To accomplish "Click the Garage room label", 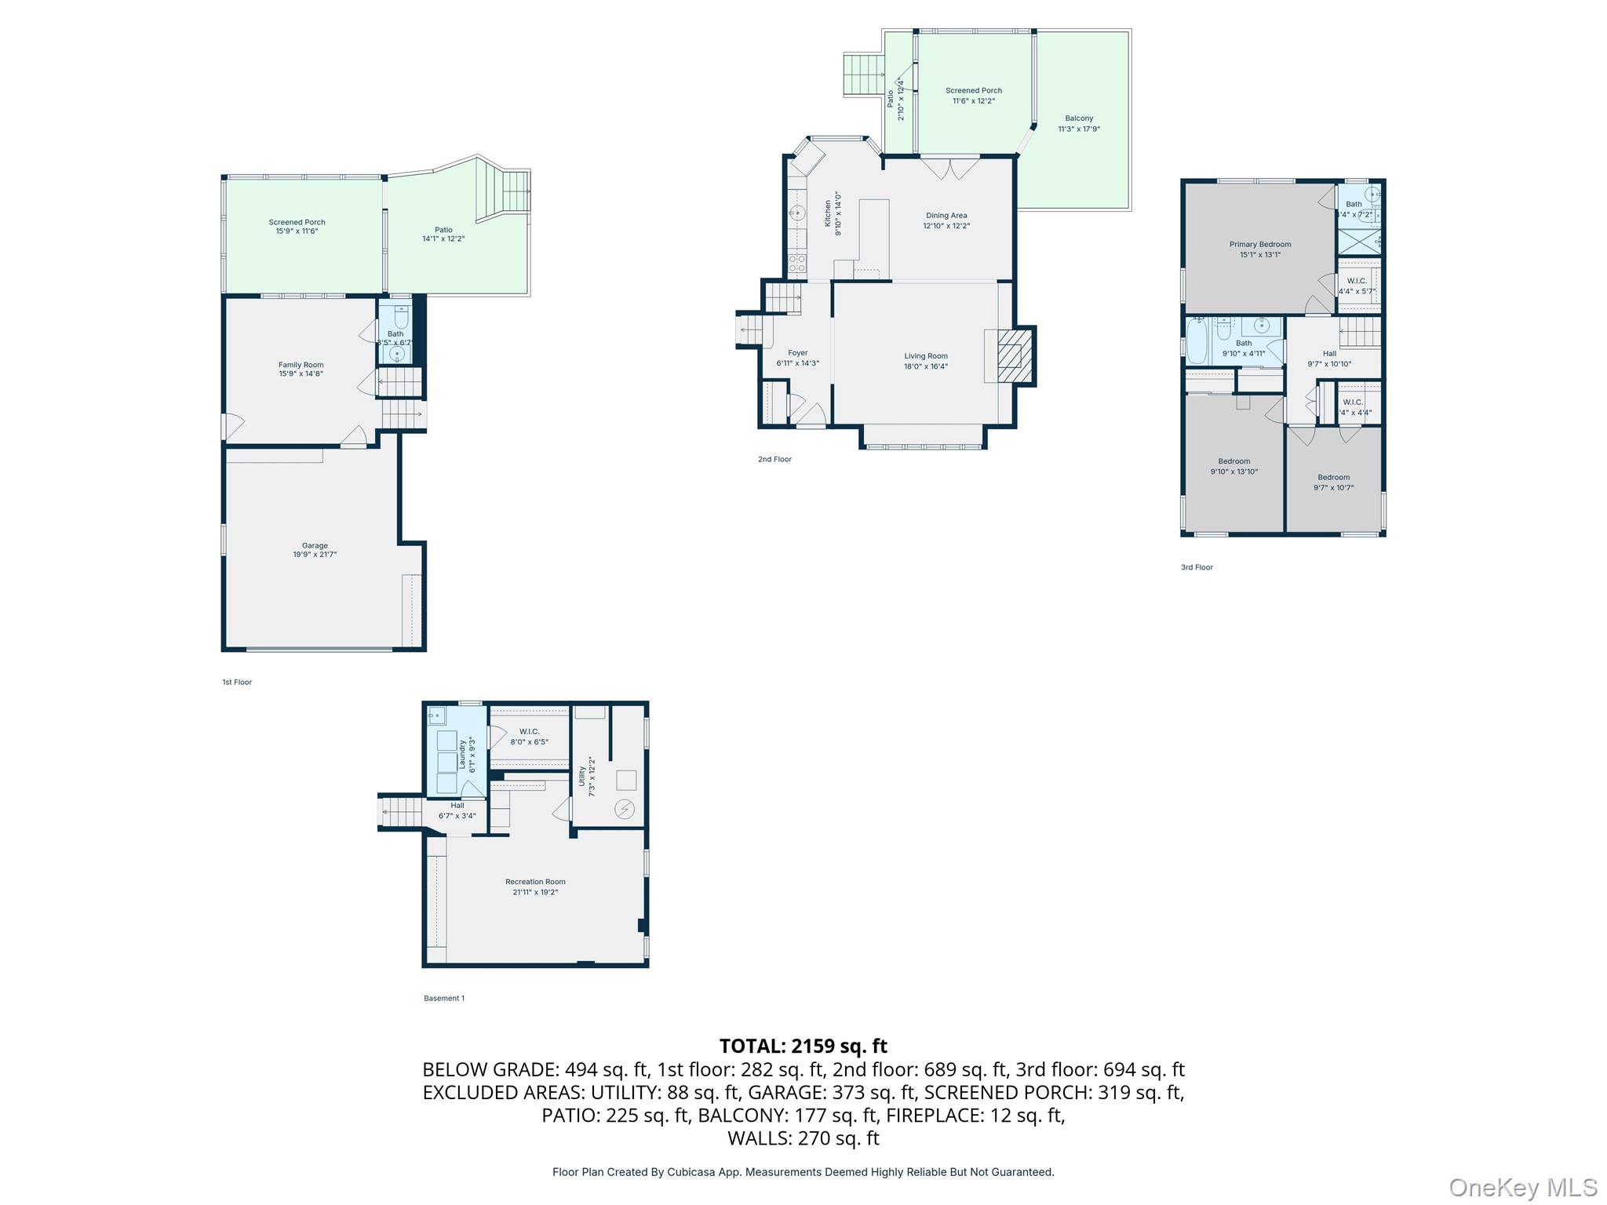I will [315, 546].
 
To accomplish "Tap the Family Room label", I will [301, 365].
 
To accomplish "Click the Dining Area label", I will [946, 216].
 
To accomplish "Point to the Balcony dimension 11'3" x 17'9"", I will [1079, 129].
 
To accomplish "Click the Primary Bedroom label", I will [1259, 245].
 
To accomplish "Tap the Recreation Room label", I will [535, 882].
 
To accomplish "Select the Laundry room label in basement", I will [463, 755].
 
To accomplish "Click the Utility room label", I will [582, 777].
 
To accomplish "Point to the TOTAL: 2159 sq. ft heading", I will [803, 1046].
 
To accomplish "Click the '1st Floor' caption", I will [237, 683].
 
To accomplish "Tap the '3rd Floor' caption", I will [1197, 567].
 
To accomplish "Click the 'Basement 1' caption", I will [444, 999].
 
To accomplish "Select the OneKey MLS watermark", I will [1522, 1188].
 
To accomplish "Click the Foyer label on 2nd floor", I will [797, 353].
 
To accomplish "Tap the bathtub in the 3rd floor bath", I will [1196, 341].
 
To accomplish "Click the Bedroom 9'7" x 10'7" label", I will [1333, 478].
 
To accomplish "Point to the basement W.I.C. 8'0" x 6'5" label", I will [529, 732].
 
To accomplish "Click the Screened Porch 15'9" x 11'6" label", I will [297, 223].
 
